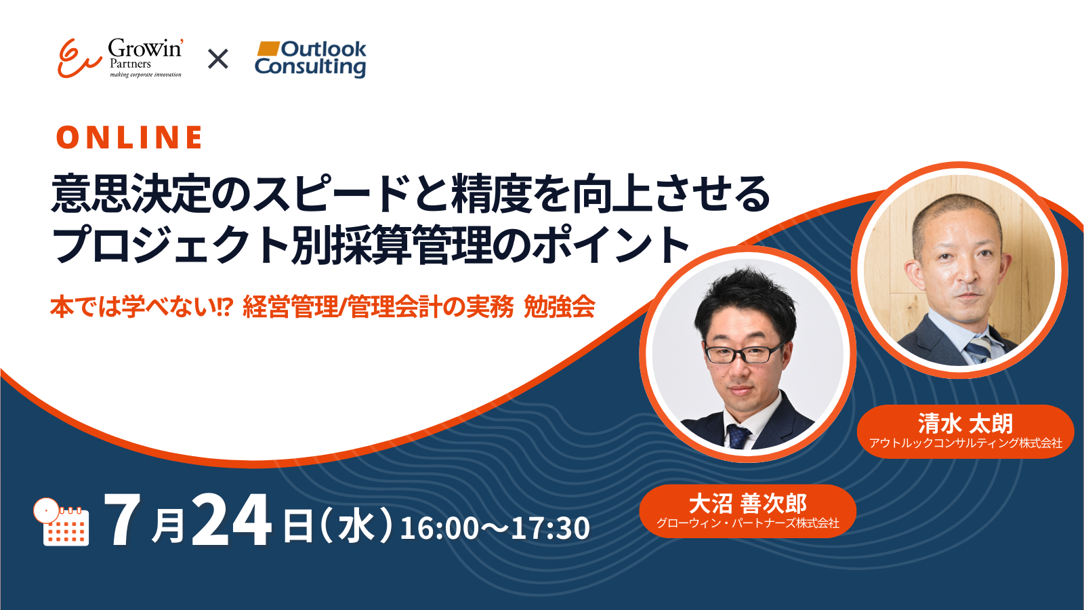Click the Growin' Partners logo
120,58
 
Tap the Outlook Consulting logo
311,58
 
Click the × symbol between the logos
217,59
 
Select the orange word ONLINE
129,137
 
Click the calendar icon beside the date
62,522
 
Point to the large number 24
232,521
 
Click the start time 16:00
440,528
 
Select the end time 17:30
550,528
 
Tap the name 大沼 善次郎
748,504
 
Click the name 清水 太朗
965,424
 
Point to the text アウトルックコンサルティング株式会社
965,443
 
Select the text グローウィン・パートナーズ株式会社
748,523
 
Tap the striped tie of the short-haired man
978,348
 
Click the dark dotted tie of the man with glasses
738,436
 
